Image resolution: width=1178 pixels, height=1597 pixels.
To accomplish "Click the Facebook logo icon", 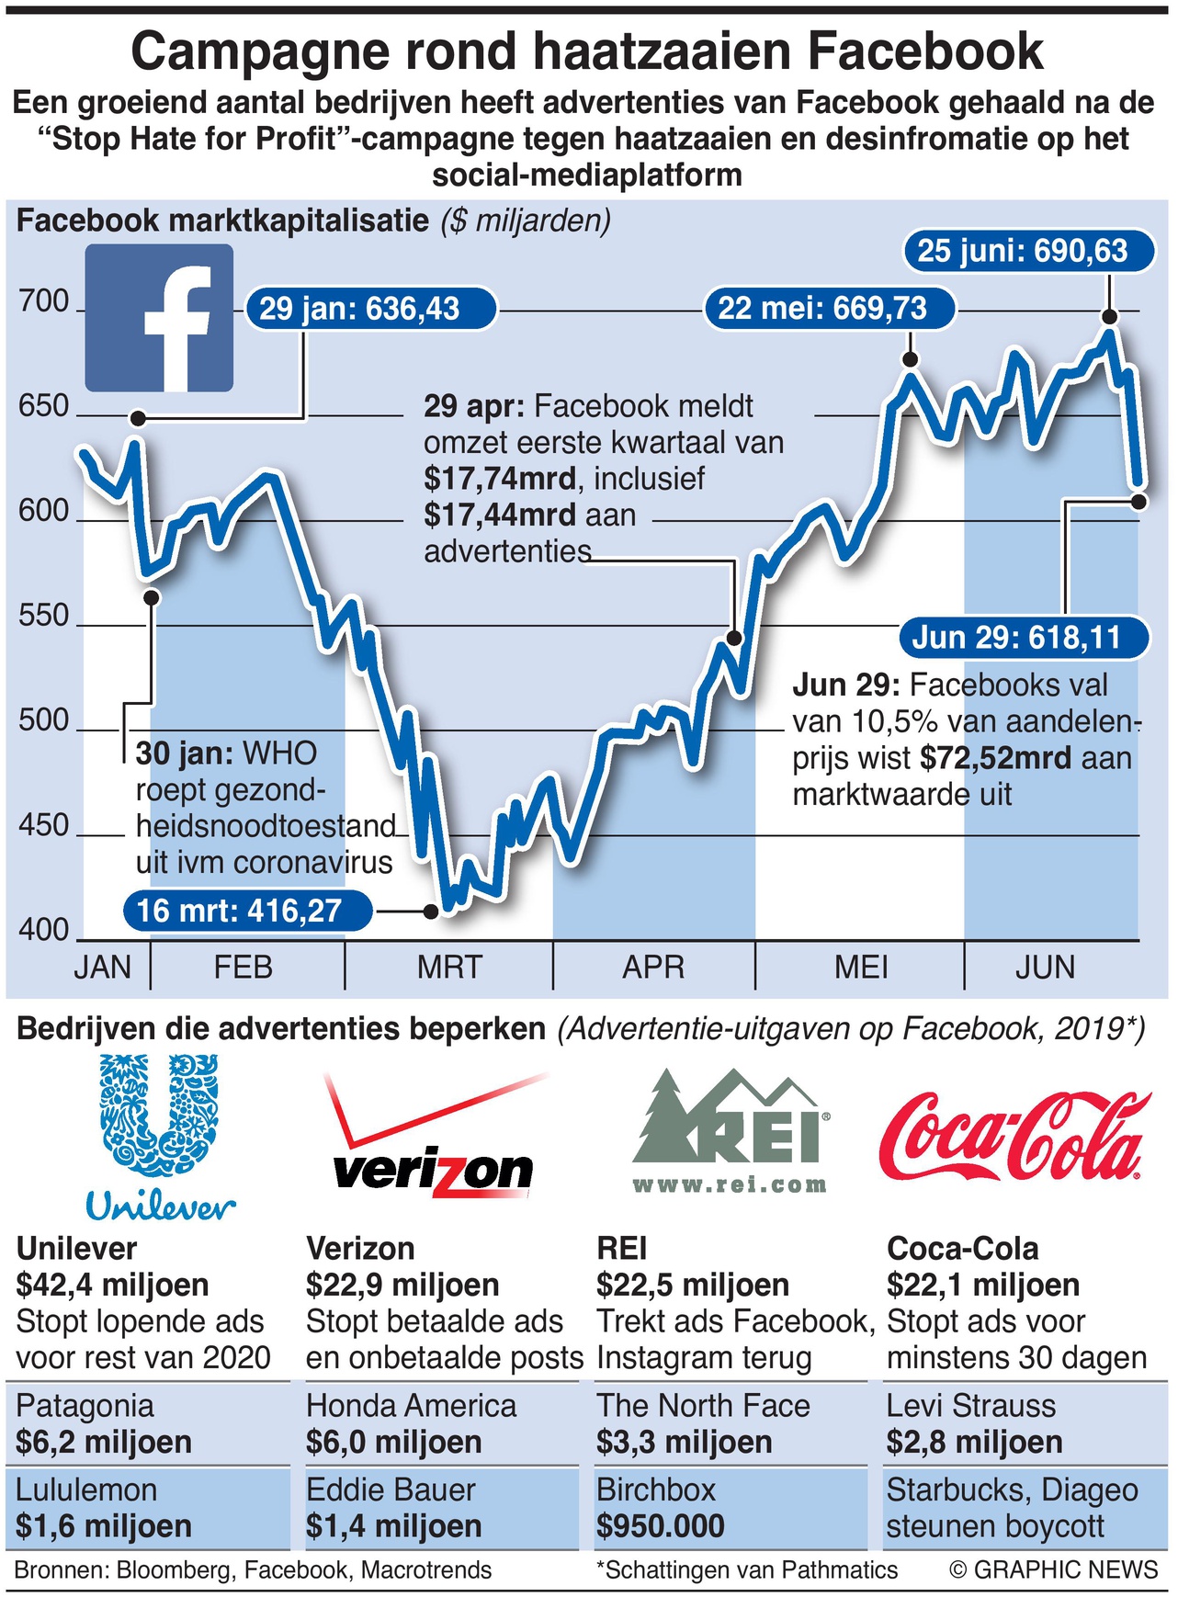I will (159, 318).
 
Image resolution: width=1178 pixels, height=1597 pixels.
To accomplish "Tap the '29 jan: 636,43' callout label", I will (359, 308).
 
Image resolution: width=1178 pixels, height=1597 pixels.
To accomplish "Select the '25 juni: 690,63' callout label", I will (1022, 251).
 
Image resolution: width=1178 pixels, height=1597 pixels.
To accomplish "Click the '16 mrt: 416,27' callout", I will (239, 911).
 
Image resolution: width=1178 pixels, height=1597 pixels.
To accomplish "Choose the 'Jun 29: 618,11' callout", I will (1016, 638).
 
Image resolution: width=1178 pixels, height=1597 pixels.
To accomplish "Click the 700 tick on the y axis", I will (44, 301).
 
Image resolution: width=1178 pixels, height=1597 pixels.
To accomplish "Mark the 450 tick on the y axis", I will (44, 825).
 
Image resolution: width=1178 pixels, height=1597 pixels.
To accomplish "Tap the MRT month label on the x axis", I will (449, 967).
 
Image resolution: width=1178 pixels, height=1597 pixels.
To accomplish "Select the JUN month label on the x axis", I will (1045, 967).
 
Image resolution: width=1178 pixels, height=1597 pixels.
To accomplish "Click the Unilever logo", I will (160, 1136).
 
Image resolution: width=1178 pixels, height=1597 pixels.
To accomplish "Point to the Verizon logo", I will (433, 1139).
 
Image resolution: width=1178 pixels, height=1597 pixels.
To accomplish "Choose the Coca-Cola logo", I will (1011, 1136).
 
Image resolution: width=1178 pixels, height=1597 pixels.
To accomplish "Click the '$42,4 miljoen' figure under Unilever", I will (112, 1285).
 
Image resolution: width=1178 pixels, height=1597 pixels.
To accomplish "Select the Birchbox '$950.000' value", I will (661, 1526).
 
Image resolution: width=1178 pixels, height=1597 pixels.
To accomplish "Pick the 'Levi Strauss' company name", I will (970, 1406).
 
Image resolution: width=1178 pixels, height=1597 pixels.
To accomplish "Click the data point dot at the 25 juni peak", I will (1109, 317).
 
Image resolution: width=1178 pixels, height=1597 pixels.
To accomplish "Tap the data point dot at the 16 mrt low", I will (430, 912).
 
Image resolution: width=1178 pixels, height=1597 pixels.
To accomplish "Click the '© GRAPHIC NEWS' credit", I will (1053, 1570).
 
